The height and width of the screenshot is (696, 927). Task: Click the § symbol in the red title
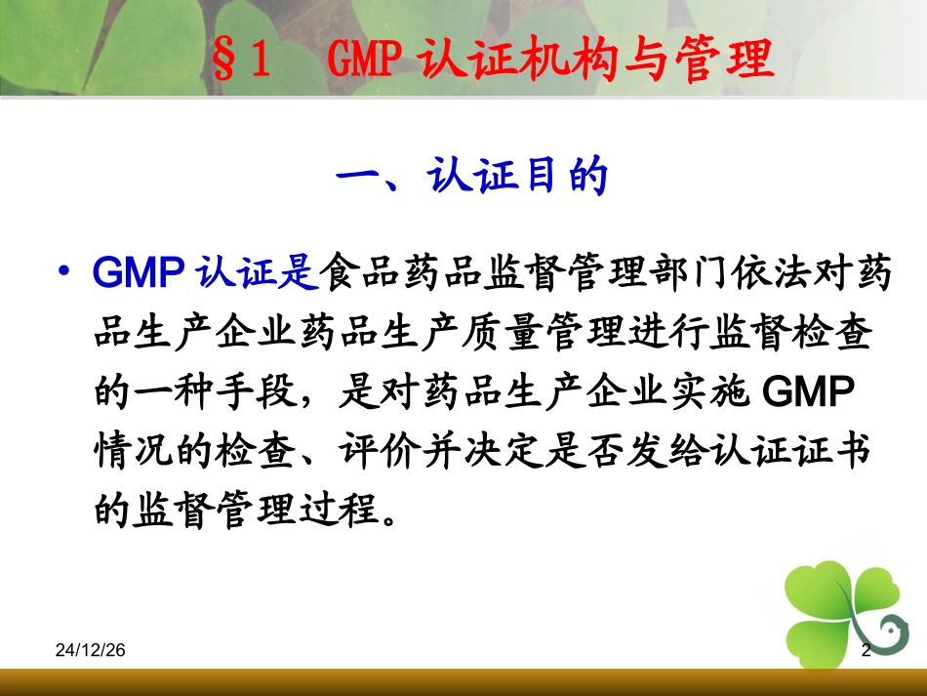tap(223, 61)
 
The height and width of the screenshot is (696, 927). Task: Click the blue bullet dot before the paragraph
tap(65, 273)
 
